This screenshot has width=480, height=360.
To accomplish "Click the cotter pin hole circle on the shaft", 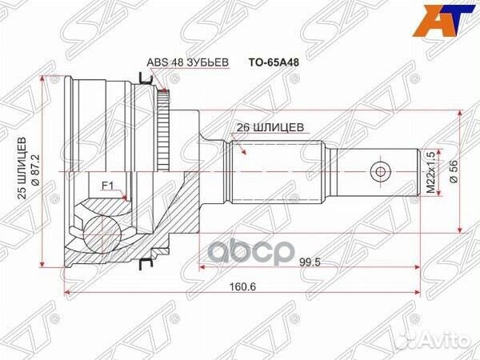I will [x=380, y=171].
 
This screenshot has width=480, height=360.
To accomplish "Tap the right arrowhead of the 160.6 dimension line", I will [x=415, y=291].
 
